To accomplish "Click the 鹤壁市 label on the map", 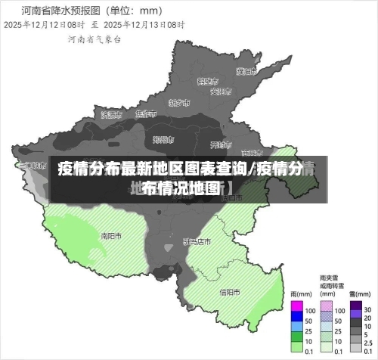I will click(207, 80).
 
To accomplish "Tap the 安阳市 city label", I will click(219, 92).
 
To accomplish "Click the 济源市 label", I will click(110, 114).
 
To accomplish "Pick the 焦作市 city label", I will click(145, 113).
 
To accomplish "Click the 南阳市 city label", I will click(111, 235).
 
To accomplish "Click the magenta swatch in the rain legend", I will click(296, 305).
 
